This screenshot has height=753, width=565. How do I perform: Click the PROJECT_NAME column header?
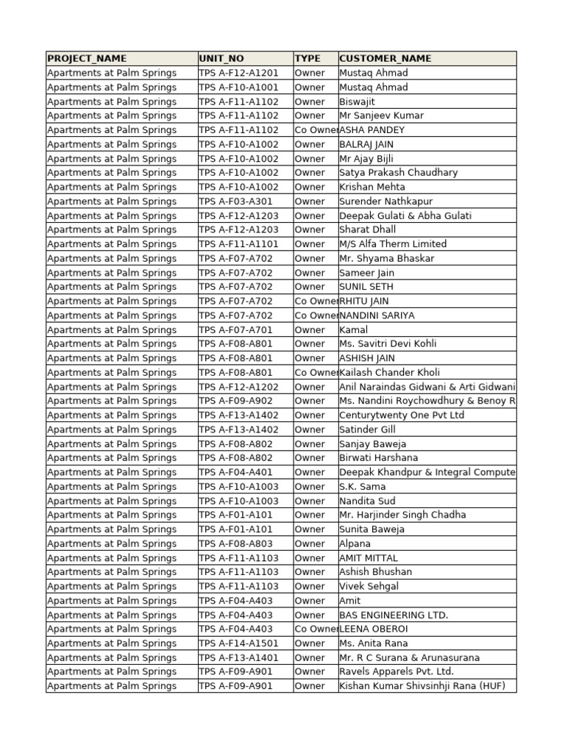87,58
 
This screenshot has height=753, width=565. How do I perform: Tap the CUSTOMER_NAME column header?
385,58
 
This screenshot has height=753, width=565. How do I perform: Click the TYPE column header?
308,58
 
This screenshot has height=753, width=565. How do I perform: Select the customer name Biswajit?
357,101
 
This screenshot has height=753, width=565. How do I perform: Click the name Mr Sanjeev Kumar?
381,115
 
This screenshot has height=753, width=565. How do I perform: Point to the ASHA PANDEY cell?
372,130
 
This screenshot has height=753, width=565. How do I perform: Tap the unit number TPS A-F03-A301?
235,201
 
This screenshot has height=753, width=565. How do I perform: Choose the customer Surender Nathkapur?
385,201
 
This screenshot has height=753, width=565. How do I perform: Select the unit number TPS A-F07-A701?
235,329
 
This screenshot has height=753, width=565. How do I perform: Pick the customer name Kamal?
353,329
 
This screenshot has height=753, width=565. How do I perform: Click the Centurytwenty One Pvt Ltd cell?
402,415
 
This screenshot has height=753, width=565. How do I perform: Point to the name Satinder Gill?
367,429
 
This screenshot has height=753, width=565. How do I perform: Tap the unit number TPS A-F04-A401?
235,472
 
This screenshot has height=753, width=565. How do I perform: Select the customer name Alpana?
355,543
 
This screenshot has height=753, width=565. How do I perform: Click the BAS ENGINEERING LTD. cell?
394,615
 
